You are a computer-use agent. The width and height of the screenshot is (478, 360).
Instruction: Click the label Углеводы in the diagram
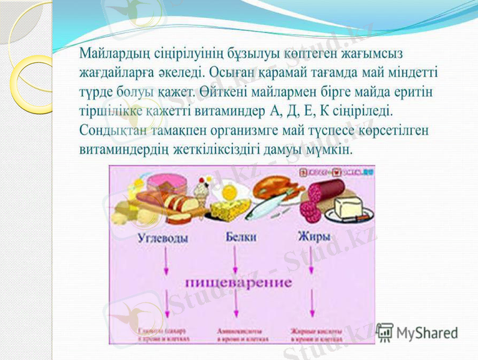click(x=164, y=238)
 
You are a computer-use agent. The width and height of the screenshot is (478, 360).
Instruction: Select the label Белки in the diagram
click(x=241, y=237)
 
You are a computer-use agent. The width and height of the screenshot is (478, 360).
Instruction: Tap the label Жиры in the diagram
click(x=313, y=236)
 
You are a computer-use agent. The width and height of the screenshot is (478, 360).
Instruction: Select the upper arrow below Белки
click(x=235, y=258)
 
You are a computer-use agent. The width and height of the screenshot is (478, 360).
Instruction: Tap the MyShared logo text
click(x=426, y=332)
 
